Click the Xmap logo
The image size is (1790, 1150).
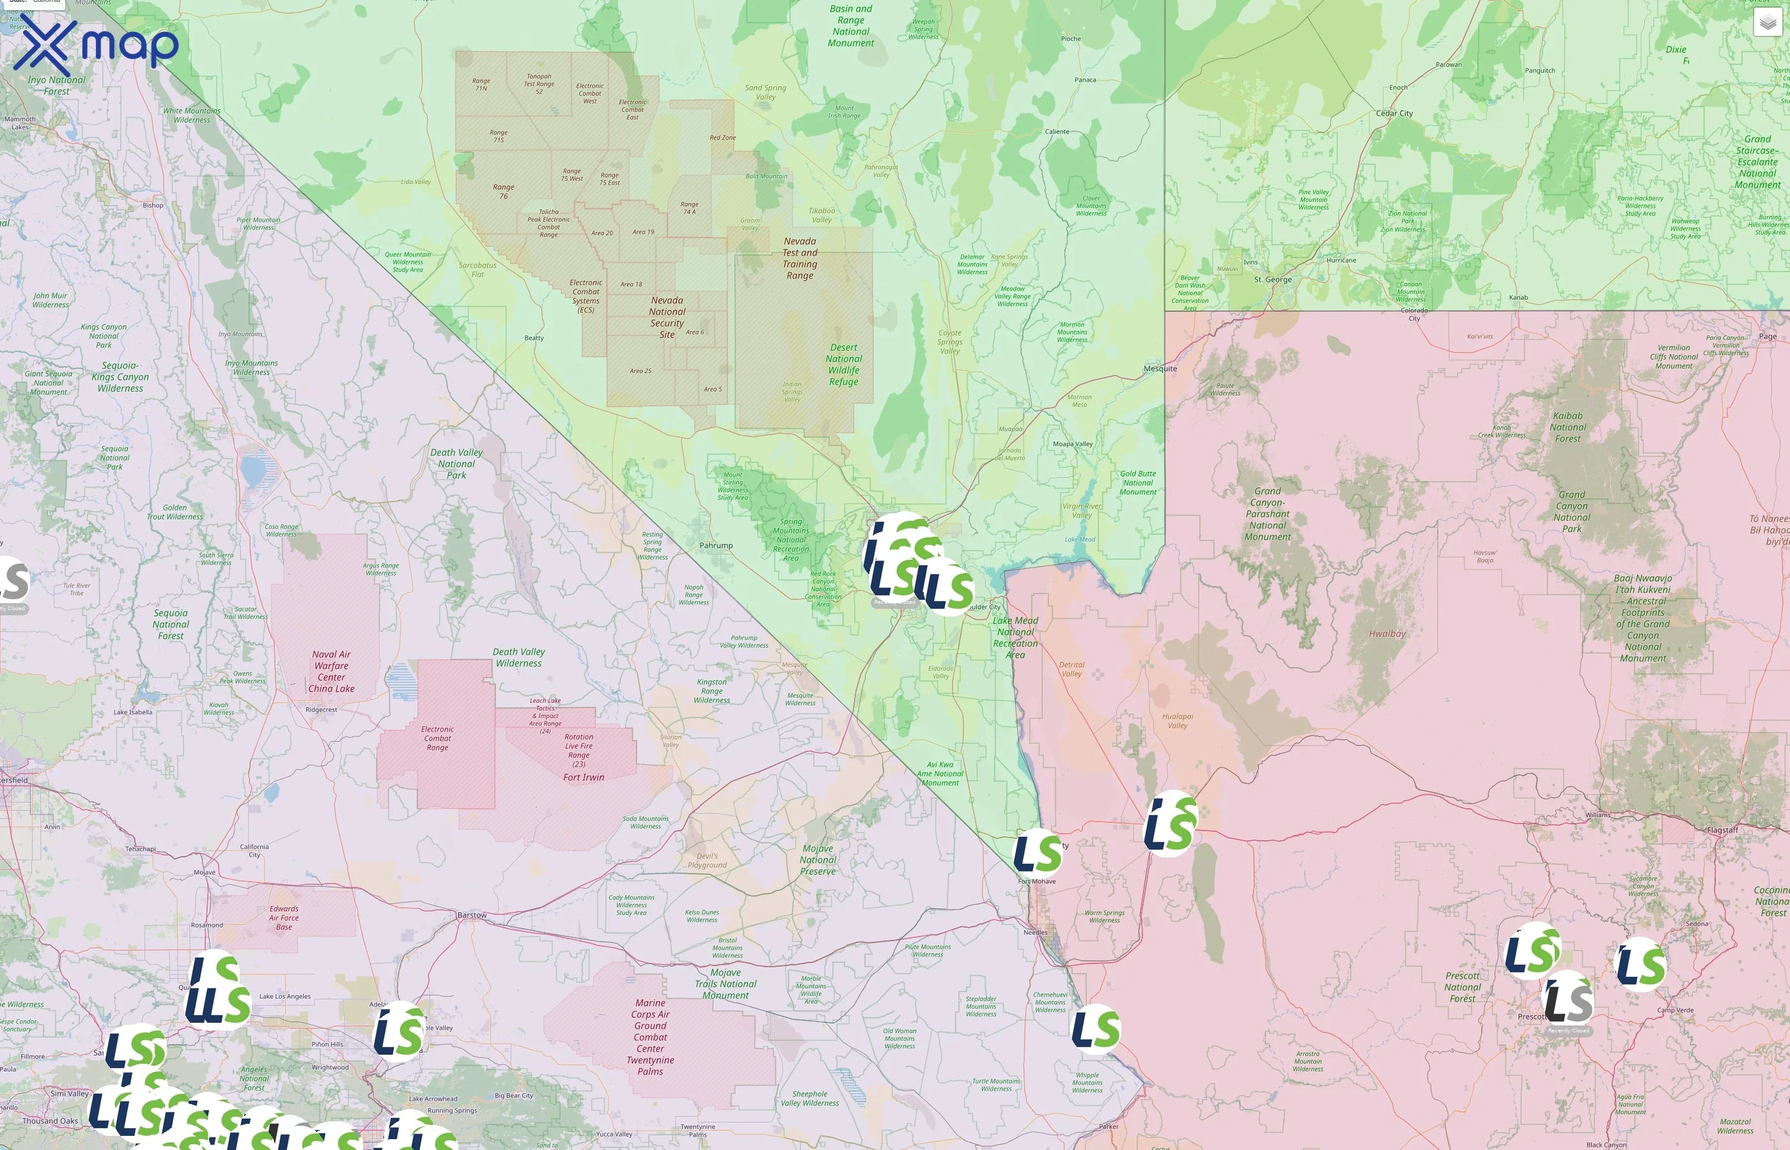[x=96, y=46]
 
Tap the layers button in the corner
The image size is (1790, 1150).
[x=1768, y=23]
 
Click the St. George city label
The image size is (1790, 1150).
[x=1272, y=280]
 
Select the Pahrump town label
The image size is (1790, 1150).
[x=716, y=546]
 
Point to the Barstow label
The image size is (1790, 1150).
[x=471, y=916]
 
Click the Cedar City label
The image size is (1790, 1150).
[x=1394, y=114]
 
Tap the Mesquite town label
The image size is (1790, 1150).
[x=1160, y=369]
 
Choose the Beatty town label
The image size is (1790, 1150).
[x=533, y=338]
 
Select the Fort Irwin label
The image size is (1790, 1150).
[x=584, y=778]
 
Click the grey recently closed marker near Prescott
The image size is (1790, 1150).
[x=1568, y=1000]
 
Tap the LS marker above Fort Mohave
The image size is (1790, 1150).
[x=1037, y=853]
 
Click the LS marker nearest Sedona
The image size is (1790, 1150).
[x=1640, y=964]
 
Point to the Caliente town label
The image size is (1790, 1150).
[x=1056, y=132]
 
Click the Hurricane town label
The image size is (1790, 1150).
[x=1342, y=261]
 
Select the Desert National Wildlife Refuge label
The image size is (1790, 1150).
[x=843, y=364]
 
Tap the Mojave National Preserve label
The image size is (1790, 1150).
[x=818, y=860]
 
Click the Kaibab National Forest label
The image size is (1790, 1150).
[x=1568, y=427]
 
